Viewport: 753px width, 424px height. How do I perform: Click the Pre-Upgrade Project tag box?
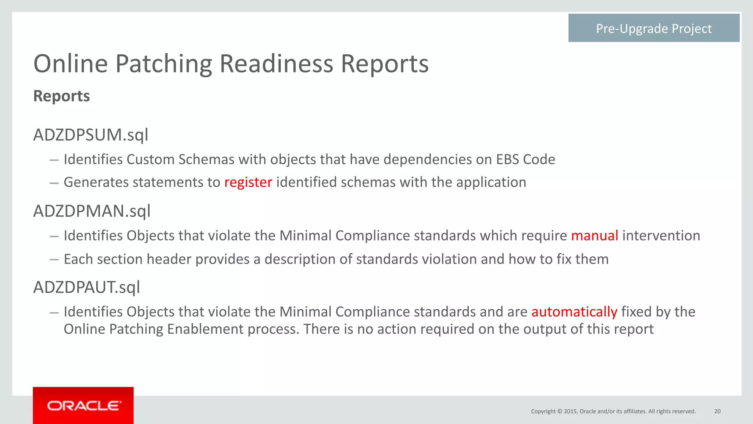click(654, 28)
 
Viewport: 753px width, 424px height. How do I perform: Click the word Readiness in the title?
click(277, 64)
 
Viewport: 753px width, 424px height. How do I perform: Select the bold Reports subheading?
click(61, 96)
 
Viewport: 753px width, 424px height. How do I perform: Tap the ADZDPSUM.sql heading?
click(91, 135)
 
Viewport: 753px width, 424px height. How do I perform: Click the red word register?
click(248, 182)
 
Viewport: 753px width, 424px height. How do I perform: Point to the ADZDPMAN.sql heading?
click(92, 211)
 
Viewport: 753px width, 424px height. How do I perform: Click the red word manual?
click(595, 236)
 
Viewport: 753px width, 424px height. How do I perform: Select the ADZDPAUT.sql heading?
click(87, 287)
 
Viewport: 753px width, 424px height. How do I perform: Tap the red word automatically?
click(574, 312)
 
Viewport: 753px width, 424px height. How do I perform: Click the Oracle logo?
click(83, 406)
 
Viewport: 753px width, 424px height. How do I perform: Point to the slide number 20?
click(717, 411)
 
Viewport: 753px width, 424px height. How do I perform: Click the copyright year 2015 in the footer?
click(570, 411)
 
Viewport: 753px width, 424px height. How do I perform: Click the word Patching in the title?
click(164, 64)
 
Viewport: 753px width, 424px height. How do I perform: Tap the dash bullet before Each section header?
click(54, 260)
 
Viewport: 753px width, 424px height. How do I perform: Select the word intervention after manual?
click(661, 236)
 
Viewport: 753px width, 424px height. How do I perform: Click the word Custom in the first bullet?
click(150, 160)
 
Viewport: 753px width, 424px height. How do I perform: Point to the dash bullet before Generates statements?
click(54, 183)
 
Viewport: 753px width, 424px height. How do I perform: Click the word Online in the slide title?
click(70, 64)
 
